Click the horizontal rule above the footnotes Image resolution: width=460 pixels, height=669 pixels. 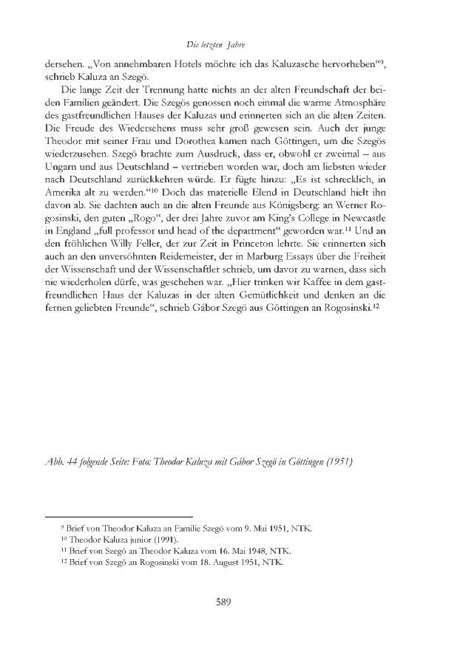(x=118, y=516)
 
